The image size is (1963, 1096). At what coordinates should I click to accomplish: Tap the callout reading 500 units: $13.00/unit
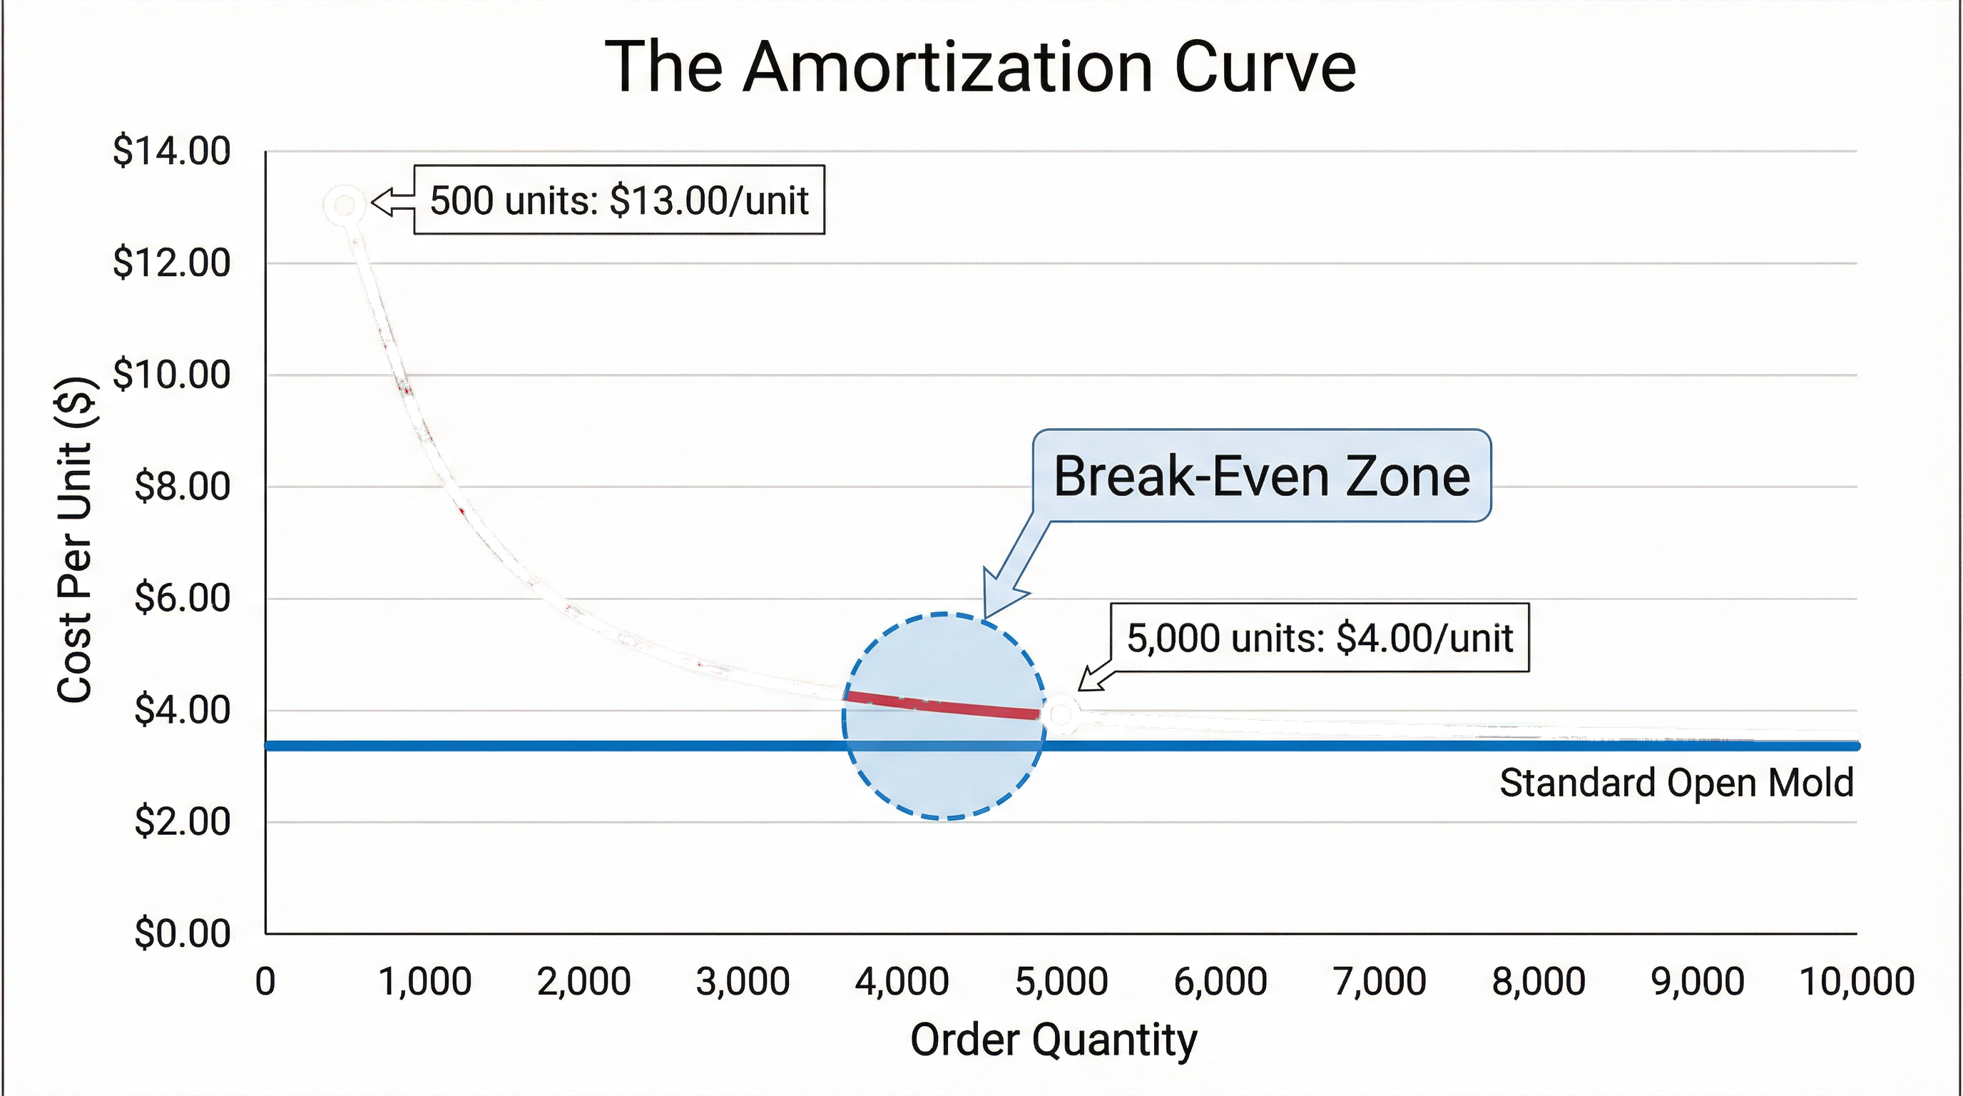click(618, 201)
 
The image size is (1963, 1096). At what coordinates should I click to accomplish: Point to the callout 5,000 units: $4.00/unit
click(1319, 638)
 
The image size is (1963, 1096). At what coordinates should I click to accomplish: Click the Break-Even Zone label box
click(1261, 477)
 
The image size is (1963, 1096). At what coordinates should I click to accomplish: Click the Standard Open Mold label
click(1676, 783)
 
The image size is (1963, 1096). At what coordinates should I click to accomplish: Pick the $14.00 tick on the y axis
click(171, 151)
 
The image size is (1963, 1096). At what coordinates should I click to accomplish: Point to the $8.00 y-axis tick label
click(181, 486)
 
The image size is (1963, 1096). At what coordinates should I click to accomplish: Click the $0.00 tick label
click(181, 933)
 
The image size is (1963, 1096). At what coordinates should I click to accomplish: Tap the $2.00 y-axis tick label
click(181, 821)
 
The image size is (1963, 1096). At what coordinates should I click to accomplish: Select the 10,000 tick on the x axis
click(1856, 981)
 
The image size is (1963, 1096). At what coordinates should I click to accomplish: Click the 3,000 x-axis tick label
click(743, 981)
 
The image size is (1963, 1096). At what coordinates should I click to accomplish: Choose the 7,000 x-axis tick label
click(1380, 981)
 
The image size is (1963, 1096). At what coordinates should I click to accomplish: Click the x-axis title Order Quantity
click(1053, 1040)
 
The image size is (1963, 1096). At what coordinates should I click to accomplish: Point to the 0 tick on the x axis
click(265, 981)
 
